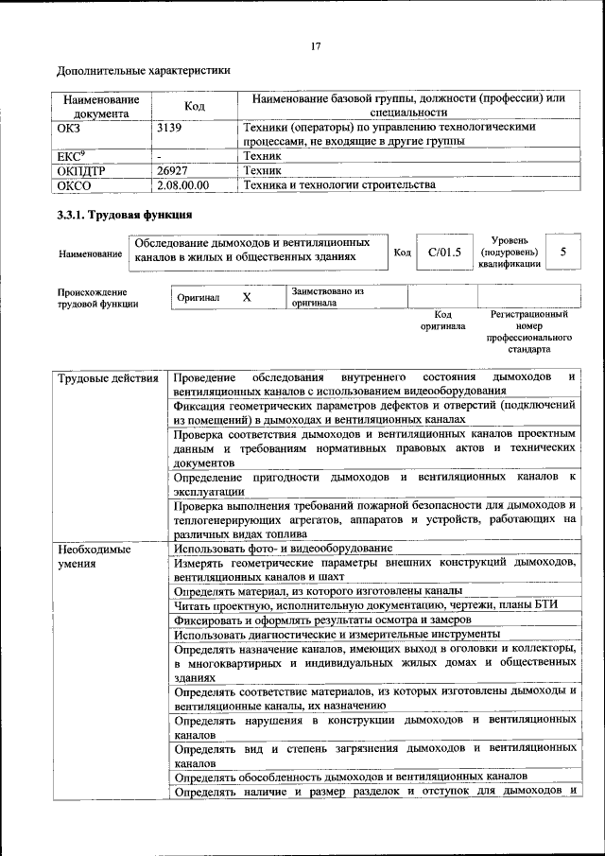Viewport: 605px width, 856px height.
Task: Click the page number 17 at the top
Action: click(x=316, y=45)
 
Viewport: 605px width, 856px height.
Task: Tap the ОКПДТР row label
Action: click(x=79, y=170)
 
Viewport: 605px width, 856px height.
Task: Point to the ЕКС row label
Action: click(x=72, y=156)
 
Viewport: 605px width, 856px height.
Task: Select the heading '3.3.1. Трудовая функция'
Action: click(x=125, y=215)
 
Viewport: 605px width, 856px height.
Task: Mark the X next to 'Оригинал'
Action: click(x=246, y=297)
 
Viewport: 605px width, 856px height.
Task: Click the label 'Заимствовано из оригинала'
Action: click(x=327, y=297)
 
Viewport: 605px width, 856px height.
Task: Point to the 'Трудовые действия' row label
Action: click(x=108, y=379)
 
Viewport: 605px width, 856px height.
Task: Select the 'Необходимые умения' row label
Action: click(x=95, y=556)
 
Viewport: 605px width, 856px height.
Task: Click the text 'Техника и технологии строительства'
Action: click(x=338, y=185)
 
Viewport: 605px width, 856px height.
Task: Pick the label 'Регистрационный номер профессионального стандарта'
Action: click(x=529, y=331)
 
